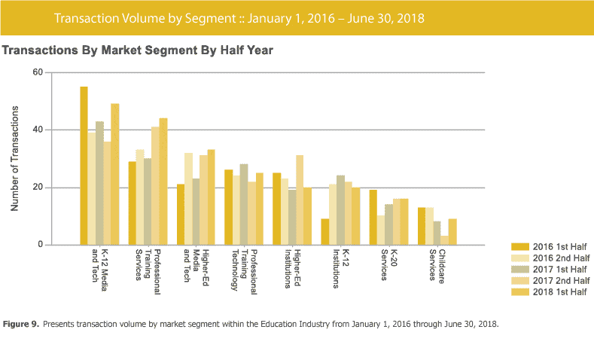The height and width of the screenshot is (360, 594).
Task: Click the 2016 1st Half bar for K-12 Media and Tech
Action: [x=84, y=166]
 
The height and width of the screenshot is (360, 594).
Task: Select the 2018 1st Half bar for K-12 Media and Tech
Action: [x=115, y=174]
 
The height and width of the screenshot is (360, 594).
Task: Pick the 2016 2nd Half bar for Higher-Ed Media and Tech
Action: [x=188, y=199]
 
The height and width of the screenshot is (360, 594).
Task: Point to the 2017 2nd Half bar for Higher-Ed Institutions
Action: [x=300, y=200]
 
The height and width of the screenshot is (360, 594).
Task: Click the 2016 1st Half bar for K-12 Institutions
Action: [x=324, y=232]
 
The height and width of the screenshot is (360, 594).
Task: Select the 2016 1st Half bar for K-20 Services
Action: [x=373, y=218]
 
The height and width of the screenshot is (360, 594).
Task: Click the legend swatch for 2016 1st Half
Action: [x=519, y=246]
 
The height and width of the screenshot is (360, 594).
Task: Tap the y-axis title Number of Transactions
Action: [x=14, y=158]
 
